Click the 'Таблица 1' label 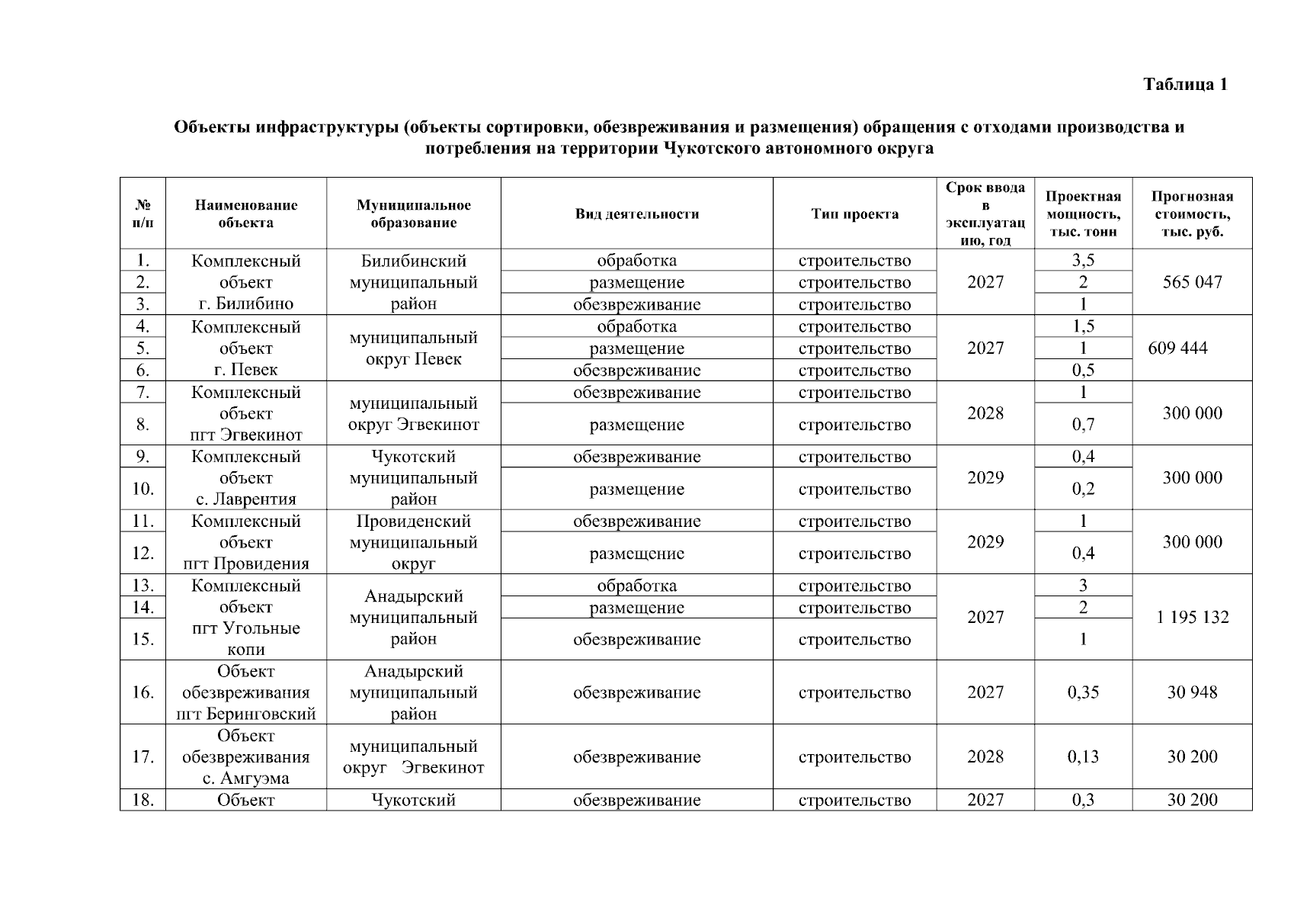pos(1185,85)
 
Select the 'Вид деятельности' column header pos(636,214)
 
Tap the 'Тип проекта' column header pos(854,214)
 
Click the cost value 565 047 pos(1192,282)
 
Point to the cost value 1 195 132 pos(1192,617)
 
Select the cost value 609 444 pos(1177,348)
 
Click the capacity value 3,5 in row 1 pos(1083,260)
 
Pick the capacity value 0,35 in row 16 pos(1083,692)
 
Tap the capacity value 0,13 pos(1083,757)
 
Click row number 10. pos(143,489)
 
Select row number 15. pos(143,639)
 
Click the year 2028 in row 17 pos(985,757)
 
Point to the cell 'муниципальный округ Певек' pos(413,348)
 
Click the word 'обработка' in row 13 pos(636,586)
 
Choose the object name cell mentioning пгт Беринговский pos(245,692)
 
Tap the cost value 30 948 pos(1192,692)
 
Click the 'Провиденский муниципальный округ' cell pos(413,542)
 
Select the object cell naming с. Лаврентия pos(245,478)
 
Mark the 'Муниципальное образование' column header pos(413,214)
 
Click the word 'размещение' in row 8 pos(636,425)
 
